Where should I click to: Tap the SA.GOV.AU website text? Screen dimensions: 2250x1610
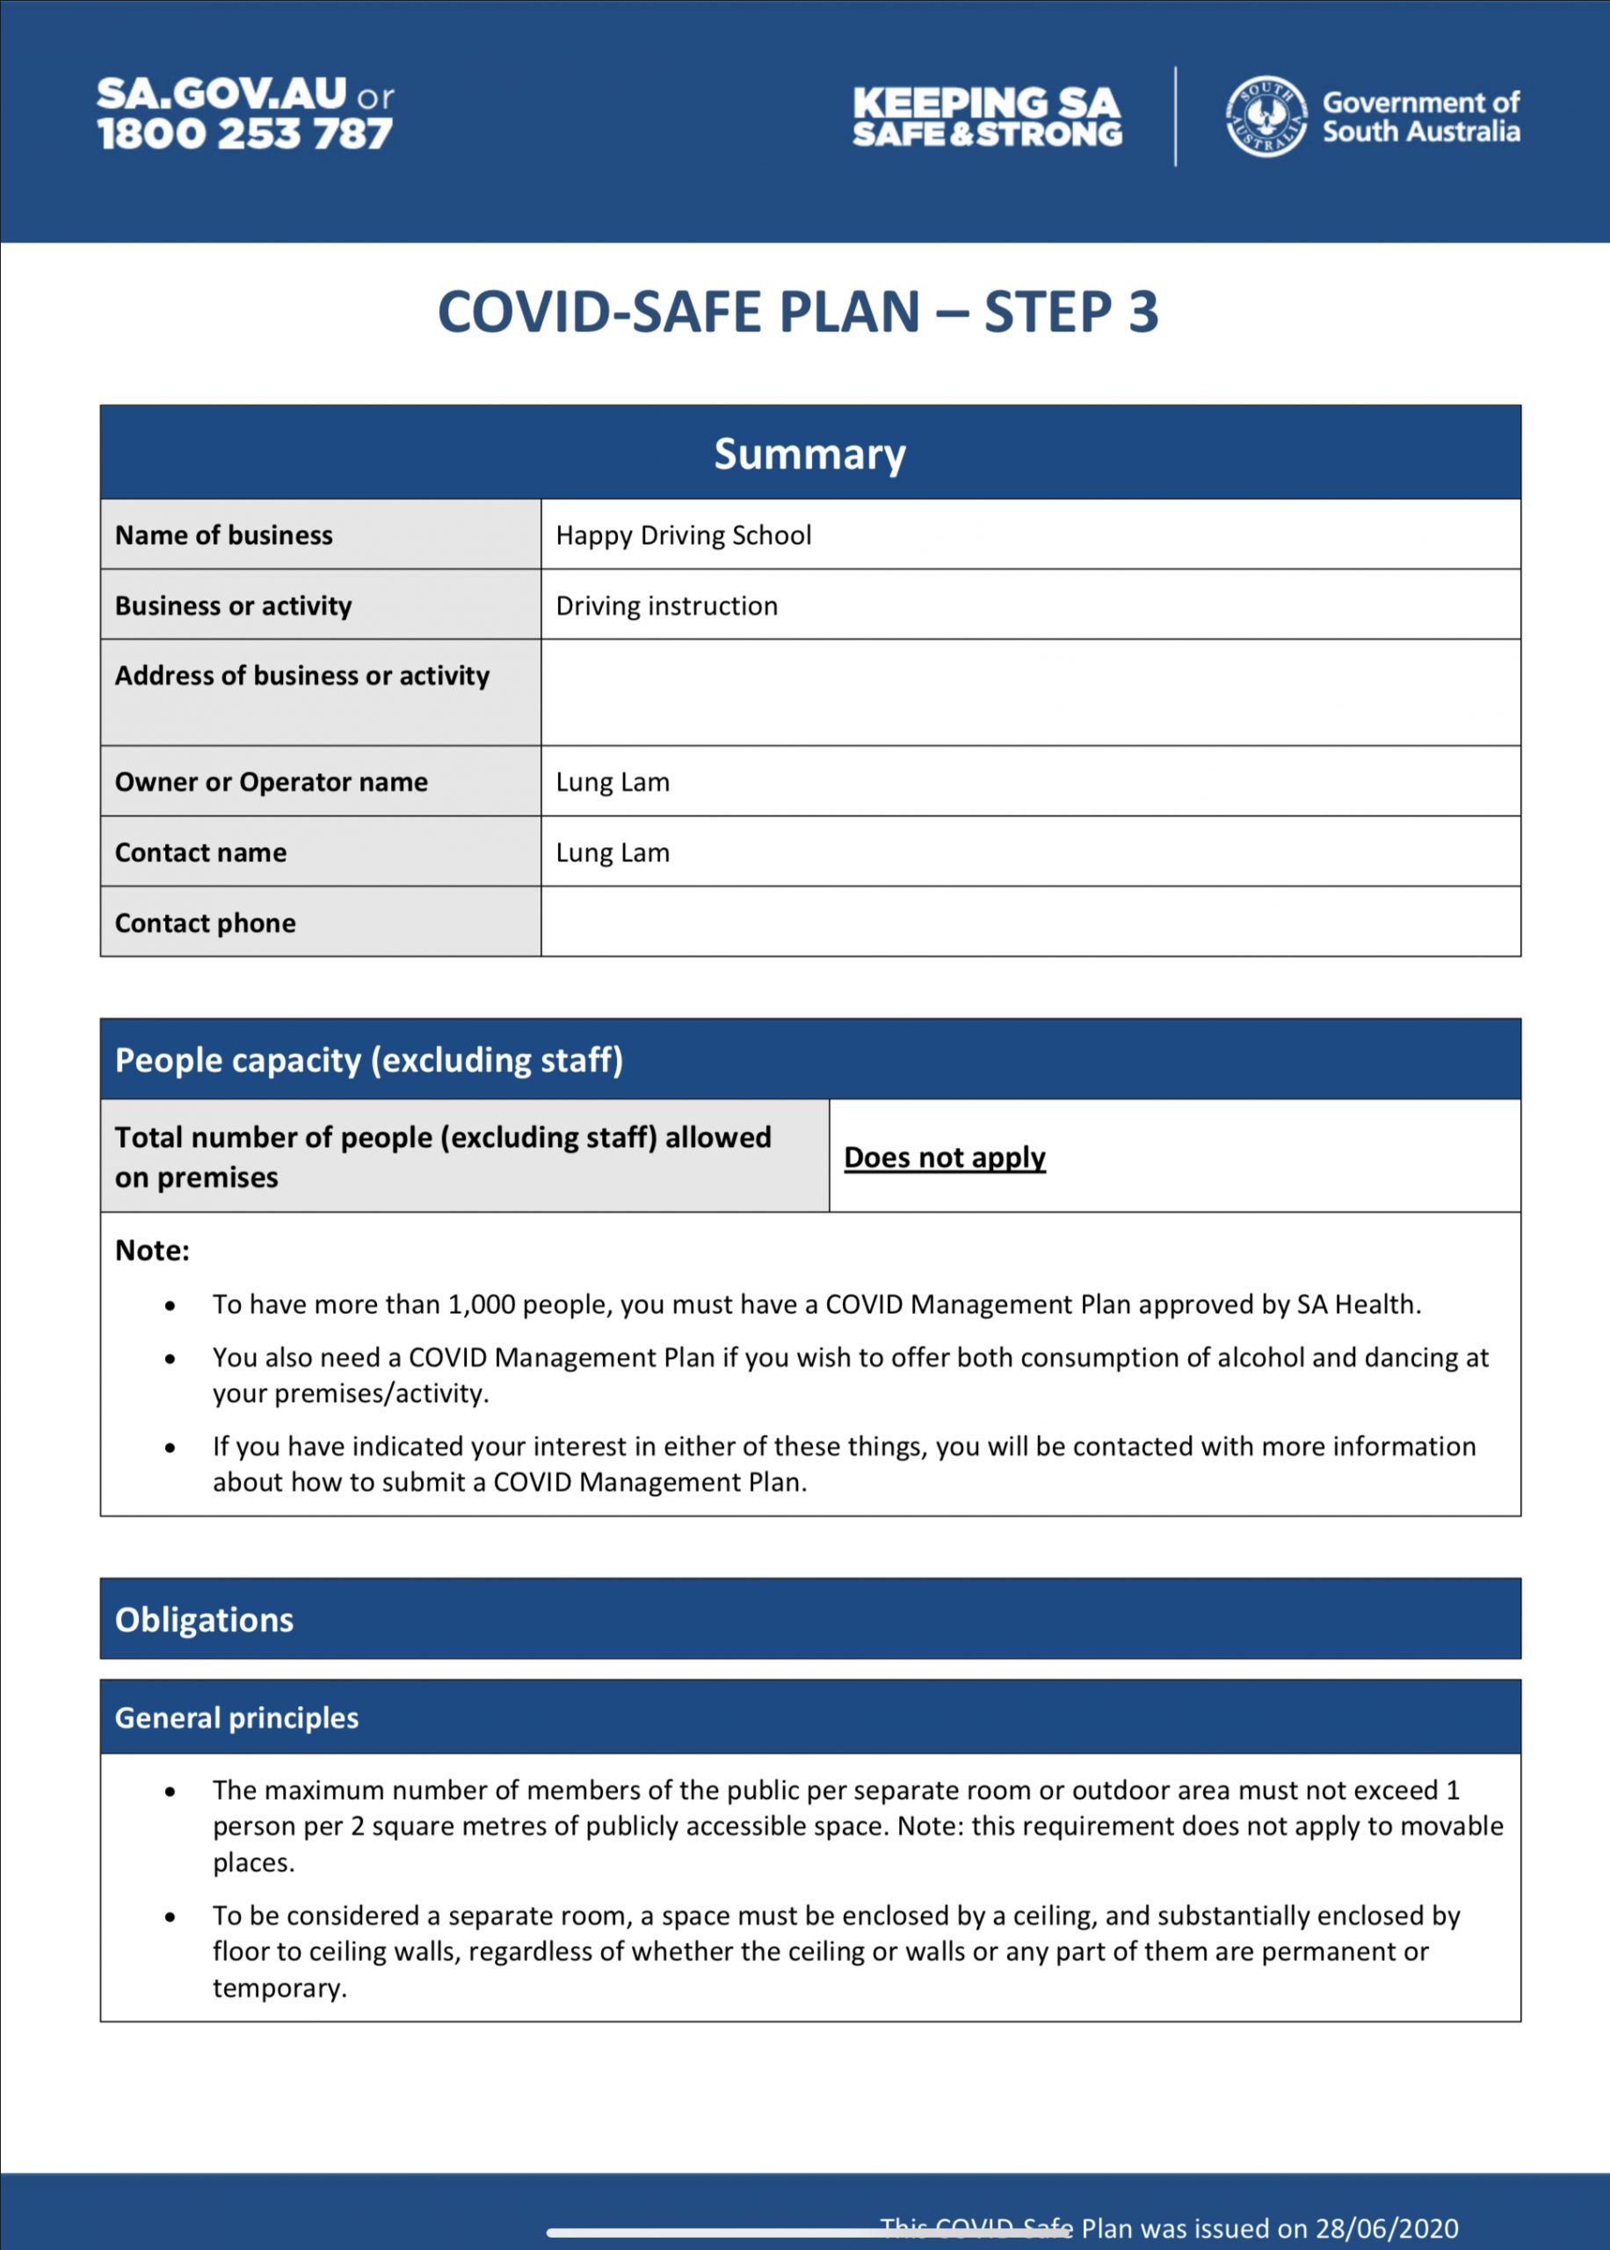tap(222, 94)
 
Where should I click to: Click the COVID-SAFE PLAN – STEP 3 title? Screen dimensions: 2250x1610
tap(798, 312)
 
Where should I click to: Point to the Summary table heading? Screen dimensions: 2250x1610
tap(810, 454)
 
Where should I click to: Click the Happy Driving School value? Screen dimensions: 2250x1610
tap(683, 535)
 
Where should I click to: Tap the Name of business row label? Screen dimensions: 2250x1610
tap(224, 535)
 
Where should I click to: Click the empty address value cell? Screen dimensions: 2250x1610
tap(1029, 692)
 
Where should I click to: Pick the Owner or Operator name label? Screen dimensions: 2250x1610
tap(271, 782)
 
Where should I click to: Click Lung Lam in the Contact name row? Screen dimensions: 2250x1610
tap(613, 853)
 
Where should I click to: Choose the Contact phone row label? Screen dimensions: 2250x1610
tap(206, 923)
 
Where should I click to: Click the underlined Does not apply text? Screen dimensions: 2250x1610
tap(945, 1157)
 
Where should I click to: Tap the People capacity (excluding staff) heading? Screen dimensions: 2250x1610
tap(369, 1060)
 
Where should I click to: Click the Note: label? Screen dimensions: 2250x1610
tap(152, 1250)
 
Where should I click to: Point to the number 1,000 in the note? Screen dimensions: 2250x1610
tap(481, 1304)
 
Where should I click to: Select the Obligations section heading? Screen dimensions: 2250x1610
tap(204, 1619)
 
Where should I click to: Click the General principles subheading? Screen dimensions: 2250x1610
tap(237, 1717)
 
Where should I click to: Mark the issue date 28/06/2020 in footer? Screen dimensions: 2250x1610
tap(1386, 2228)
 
